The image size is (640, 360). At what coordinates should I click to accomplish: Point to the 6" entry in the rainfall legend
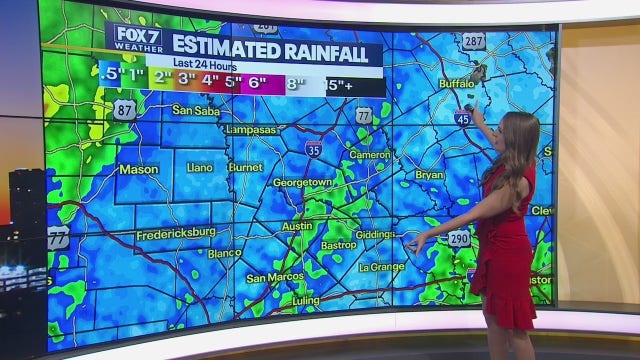257,82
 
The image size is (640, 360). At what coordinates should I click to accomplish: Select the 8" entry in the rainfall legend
295,83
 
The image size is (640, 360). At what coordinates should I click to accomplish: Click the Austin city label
297,226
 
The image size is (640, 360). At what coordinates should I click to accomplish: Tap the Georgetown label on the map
302,183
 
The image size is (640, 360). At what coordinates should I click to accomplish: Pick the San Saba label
195,110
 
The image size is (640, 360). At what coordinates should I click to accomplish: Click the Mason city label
139,169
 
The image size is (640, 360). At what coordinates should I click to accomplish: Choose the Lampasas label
252,130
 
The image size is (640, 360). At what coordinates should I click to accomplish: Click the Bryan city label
429,175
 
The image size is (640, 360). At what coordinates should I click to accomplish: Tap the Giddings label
375,234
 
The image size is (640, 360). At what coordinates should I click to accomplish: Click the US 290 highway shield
459,240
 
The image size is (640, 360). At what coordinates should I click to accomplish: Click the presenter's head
518,135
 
